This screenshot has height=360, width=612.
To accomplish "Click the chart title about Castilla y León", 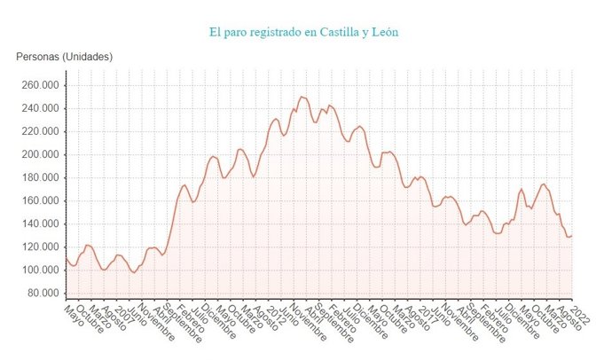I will pos(304,33).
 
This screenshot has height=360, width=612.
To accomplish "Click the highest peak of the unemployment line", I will pos(302,96).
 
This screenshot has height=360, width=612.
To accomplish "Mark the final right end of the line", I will pos(572,236).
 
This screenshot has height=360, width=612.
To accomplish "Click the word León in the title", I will pos(383,33).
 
